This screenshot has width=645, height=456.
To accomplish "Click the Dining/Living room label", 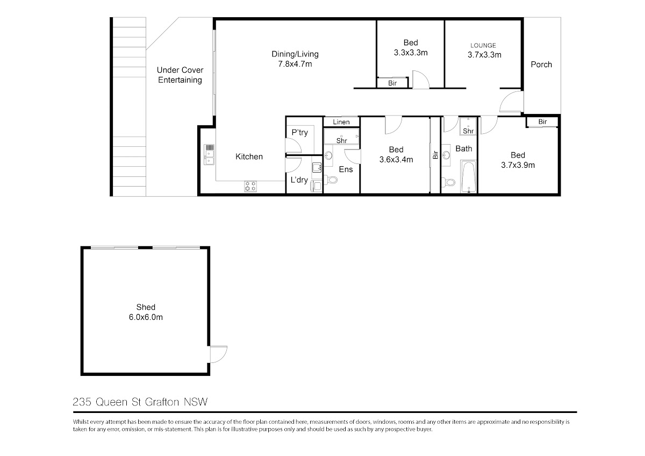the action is [295, 54].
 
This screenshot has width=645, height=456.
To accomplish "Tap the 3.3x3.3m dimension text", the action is [411, 53].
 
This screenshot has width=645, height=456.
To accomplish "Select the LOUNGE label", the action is [483, 46].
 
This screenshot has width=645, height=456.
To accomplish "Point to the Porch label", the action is [541, 64].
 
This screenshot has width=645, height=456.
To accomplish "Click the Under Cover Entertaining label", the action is [180, 75].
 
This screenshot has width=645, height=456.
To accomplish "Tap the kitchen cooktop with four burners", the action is [250, 186].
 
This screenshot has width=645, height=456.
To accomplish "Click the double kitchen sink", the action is [209, 154].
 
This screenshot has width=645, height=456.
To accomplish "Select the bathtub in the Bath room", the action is [469, 177].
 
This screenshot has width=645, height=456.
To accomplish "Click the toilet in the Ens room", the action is [331, 180].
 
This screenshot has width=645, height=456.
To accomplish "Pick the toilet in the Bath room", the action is [448, 182].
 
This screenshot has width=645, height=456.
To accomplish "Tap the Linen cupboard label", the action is [341, 122].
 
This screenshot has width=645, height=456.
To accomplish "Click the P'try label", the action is [299, 132].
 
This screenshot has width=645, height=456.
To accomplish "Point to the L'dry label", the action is [299, 180].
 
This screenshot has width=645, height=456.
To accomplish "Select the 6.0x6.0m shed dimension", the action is [146, 317].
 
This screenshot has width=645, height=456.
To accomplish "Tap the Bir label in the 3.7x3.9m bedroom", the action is [542, 122].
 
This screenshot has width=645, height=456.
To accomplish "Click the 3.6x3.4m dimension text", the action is [396, 160].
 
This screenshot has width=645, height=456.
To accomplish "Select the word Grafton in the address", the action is [162, 402].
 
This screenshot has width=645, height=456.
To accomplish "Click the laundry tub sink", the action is [317, 167].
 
